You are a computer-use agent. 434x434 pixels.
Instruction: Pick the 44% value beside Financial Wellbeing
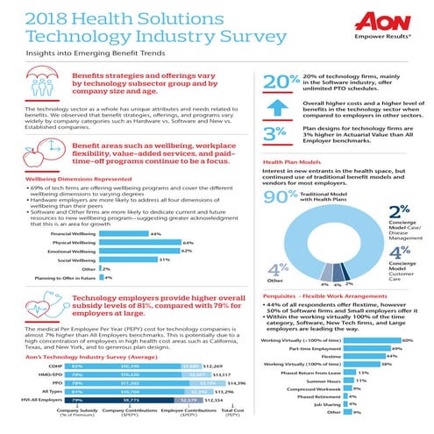click(155, 234)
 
